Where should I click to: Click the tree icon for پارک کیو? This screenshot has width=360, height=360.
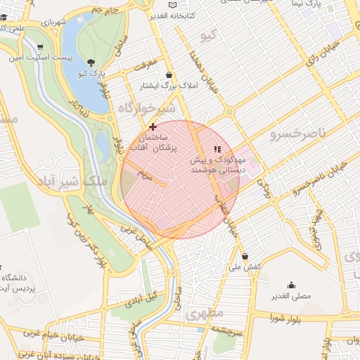pos(91,63)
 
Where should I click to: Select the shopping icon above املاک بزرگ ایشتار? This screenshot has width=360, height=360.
pos(169,75)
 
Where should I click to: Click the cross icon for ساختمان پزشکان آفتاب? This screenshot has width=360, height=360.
pos(153,127)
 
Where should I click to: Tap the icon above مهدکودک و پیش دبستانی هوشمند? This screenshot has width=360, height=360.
pos(217,149)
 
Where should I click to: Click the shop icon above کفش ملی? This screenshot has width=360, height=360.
pos(245,256)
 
